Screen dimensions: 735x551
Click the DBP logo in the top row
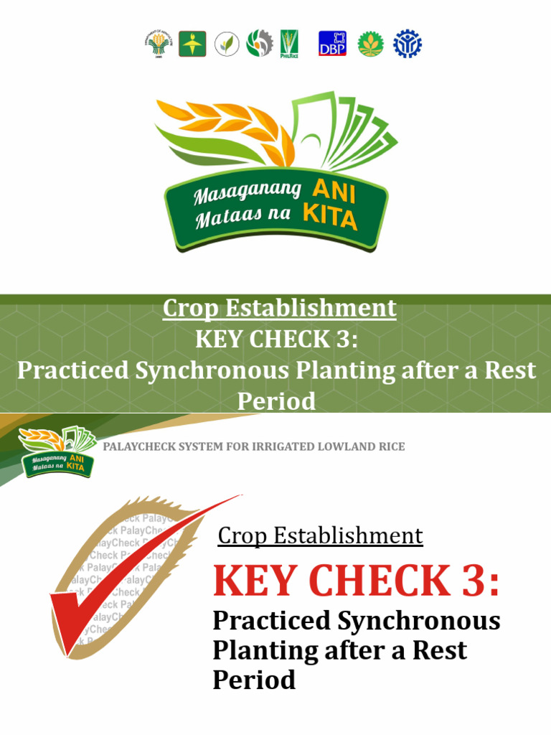point(332,44)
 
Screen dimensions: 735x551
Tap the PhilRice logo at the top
point(289,44)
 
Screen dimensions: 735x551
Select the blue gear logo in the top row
point(407,44)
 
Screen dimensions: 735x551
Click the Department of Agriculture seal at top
point(158,44)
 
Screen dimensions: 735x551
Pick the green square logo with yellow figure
point(192,44)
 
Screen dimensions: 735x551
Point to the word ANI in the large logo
point(334,190)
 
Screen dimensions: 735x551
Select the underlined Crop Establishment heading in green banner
point(279,308)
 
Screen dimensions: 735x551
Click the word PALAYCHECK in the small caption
point(137,446)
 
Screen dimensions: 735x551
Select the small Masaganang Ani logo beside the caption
point(57,452)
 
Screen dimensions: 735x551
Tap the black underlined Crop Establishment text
point(320,535)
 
